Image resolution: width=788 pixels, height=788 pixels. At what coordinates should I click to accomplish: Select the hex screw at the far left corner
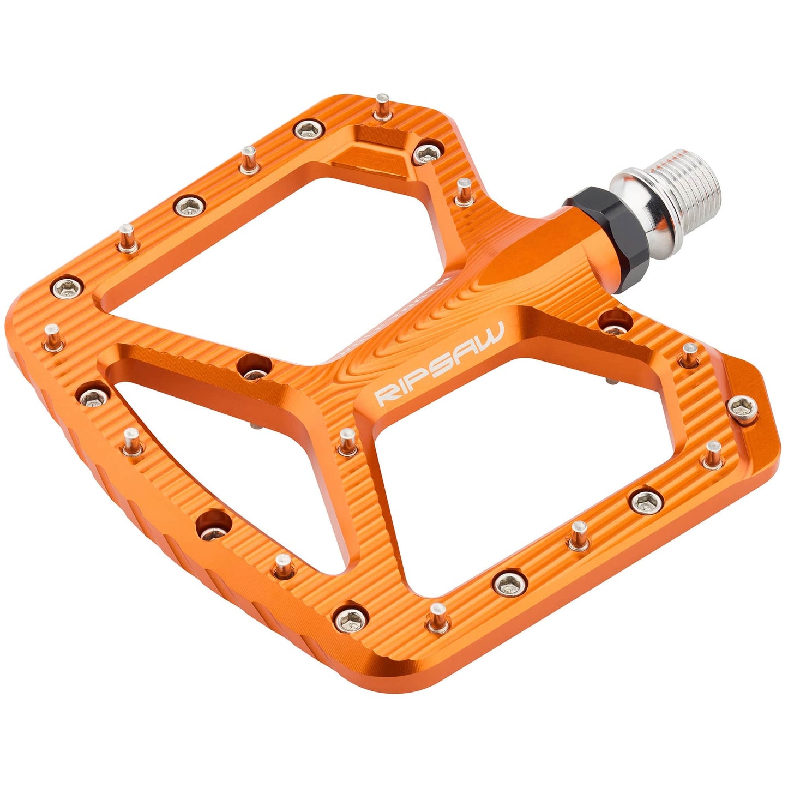click(68, 286)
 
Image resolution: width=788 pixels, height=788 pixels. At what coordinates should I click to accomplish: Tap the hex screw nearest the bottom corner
click(349, 617)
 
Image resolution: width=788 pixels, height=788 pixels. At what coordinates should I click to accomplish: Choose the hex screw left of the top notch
click(309, 130)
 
